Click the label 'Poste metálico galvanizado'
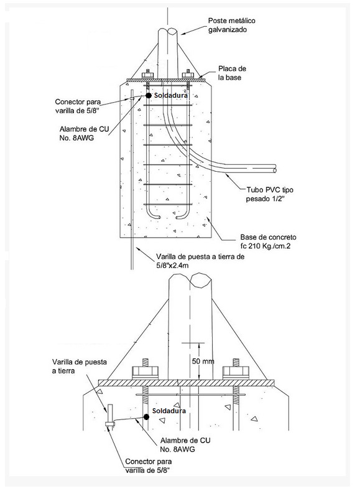pos(232,25)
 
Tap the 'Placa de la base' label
pos(232,73)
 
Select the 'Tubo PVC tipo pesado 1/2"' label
pos(270,194)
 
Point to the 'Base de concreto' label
pos(268,236)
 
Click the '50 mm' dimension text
pos(203,361)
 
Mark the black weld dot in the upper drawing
pos(149,95)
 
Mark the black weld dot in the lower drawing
pos(146,417)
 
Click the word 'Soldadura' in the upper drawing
pos(171,95)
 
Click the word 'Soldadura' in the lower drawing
pos(169,411)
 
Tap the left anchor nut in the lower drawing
pos(145,372)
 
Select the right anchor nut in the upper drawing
pos(188,75)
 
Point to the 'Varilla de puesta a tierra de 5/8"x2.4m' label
pos(200,261)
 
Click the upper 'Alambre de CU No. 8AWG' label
pos(84,133)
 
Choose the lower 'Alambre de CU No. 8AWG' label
pos(185,445)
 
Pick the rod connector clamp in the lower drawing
pos(110,423)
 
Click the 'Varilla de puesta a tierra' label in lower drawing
pos(80,367)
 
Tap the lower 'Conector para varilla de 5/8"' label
pos(148,465)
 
